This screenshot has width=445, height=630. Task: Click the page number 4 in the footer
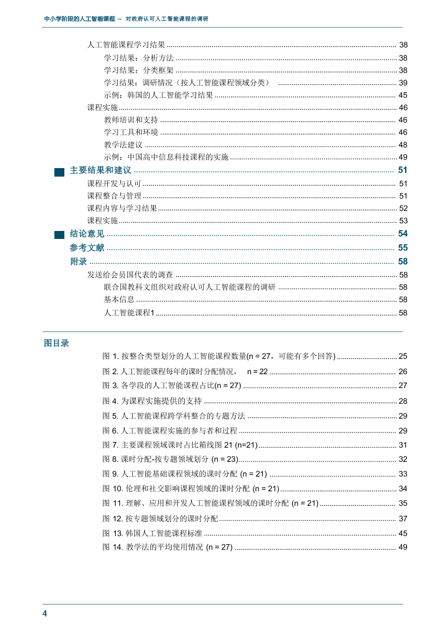point(44,614)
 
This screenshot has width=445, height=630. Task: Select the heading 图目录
point(56,343)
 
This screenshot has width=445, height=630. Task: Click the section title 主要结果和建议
point(100,171)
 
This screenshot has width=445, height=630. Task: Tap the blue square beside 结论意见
point(59,234)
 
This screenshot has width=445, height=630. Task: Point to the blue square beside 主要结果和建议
point(59,172)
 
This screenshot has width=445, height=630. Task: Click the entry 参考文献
point(87,248)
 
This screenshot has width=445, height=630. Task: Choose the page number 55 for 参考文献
point(403,248)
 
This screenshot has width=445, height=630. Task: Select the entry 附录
point(79,262)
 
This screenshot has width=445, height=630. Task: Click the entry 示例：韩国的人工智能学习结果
point(159,95)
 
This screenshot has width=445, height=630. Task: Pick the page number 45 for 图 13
point(403,534)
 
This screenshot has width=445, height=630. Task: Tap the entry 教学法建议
point(123,145)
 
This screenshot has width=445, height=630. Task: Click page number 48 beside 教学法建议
point(403,145)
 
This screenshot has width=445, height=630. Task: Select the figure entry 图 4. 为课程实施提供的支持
point(152,401)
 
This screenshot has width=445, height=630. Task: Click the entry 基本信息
point(119,300)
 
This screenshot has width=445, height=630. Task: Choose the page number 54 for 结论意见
point(403,234)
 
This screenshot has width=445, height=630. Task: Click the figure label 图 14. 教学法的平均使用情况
point(168,547)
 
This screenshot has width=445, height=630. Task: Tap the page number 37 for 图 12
point(403,519)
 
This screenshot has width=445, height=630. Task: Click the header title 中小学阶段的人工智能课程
point(80,19)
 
